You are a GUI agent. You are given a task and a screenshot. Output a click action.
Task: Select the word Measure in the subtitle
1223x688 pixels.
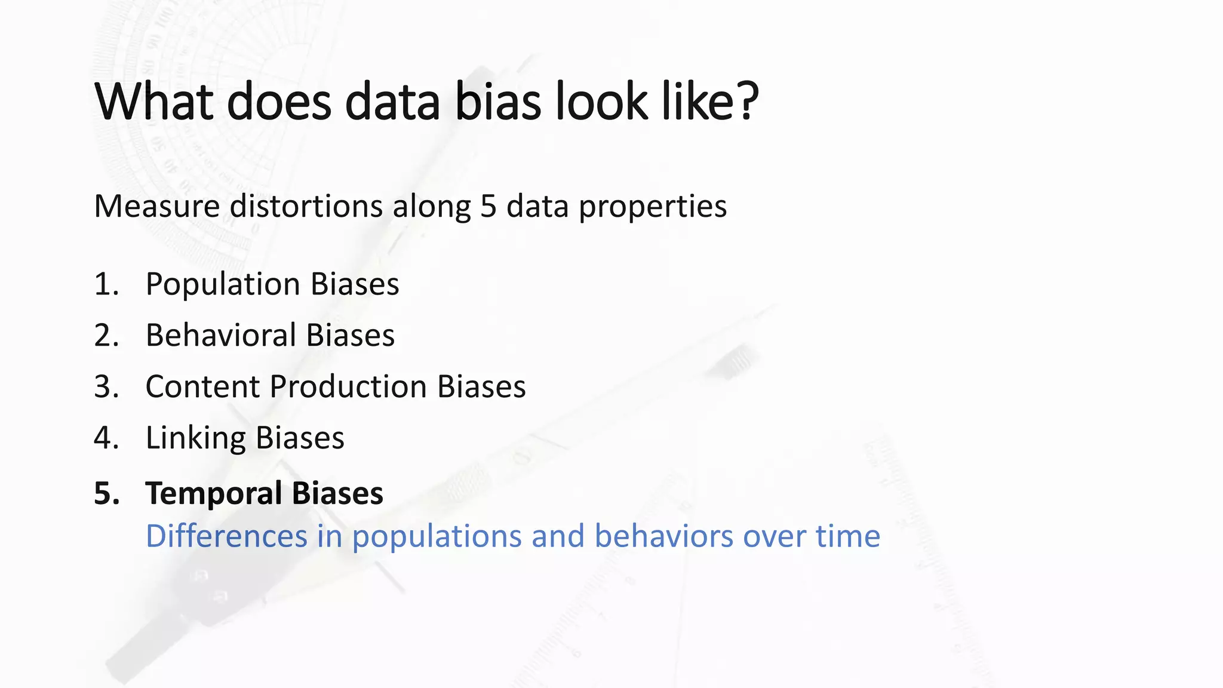tap(157, 207)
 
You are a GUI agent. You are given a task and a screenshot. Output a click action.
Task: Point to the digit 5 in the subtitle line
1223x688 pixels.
tap(488, 207)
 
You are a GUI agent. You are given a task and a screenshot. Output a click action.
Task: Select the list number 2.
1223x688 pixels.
tap(106, 336)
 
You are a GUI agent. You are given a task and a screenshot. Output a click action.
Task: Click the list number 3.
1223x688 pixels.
tap(106, 387)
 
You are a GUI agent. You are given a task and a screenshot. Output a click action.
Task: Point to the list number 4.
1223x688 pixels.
tap(106, 438)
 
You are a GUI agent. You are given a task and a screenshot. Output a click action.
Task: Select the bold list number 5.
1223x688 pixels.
tap(106, 494)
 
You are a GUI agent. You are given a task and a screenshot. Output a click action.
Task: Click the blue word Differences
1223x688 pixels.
tap(226, 536)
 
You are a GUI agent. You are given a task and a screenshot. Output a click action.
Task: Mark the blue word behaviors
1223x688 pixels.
tap(664, 536)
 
